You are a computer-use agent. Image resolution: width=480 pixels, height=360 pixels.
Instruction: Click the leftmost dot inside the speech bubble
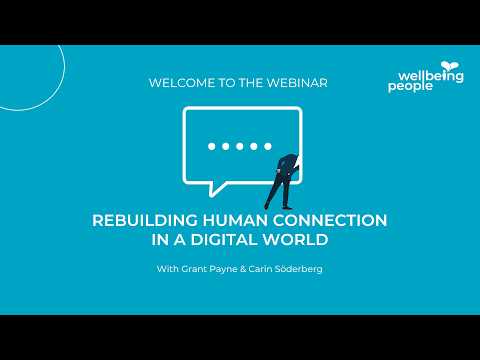coord(211,146)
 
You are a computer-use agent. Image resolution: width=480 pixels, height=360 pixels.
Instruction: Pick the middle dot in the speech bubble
coord(239,146)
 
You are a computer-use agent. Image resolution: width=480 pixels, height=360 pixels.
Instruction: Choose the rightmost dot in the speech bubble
coord(268,146)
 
